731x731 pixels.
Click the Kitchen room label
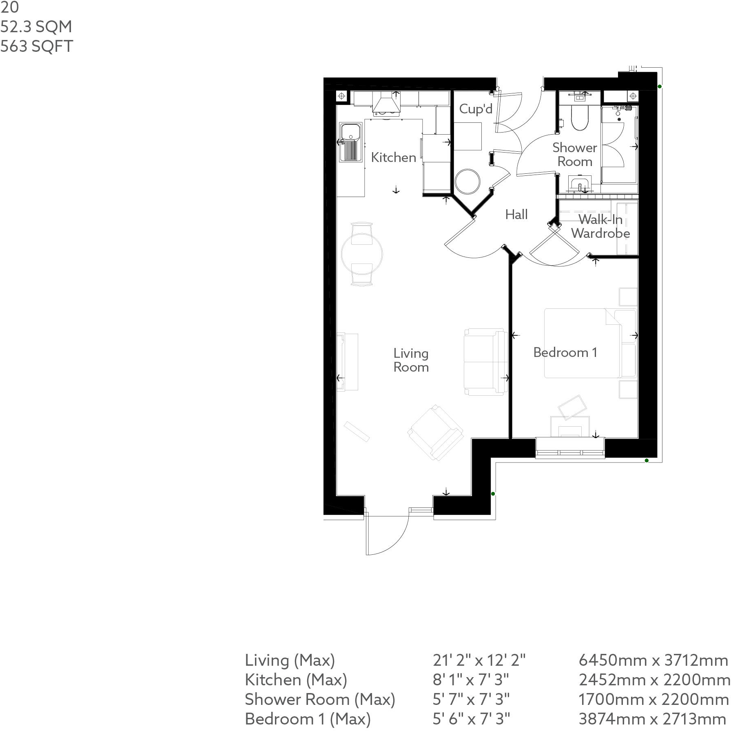point(393,157)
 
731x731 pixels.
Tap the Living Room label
point(411,360)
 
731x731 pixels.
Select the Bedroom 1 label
point(565,352)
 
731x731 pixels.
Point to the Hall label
point(516,215)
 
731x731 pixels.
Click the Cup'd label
point(476,109)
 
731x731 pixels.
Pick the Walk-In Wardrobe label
point(600,226)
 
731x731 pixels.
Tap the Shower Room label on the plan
point(574,155)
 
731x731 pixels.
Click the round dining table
point(362,254)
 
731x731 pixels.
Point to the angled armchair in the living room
point(436,432)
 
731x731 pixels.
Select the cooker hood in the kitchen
point(101,104)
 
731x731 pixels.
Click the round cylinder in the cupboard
point(467,182)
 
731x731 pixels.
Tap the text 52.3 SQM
point(36,27)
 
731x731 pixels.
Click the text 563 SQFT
point(37,46)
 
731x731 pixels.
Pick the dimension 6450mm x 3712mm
point(653,660)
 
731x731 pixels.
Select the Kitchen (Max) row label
point(296,680)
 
